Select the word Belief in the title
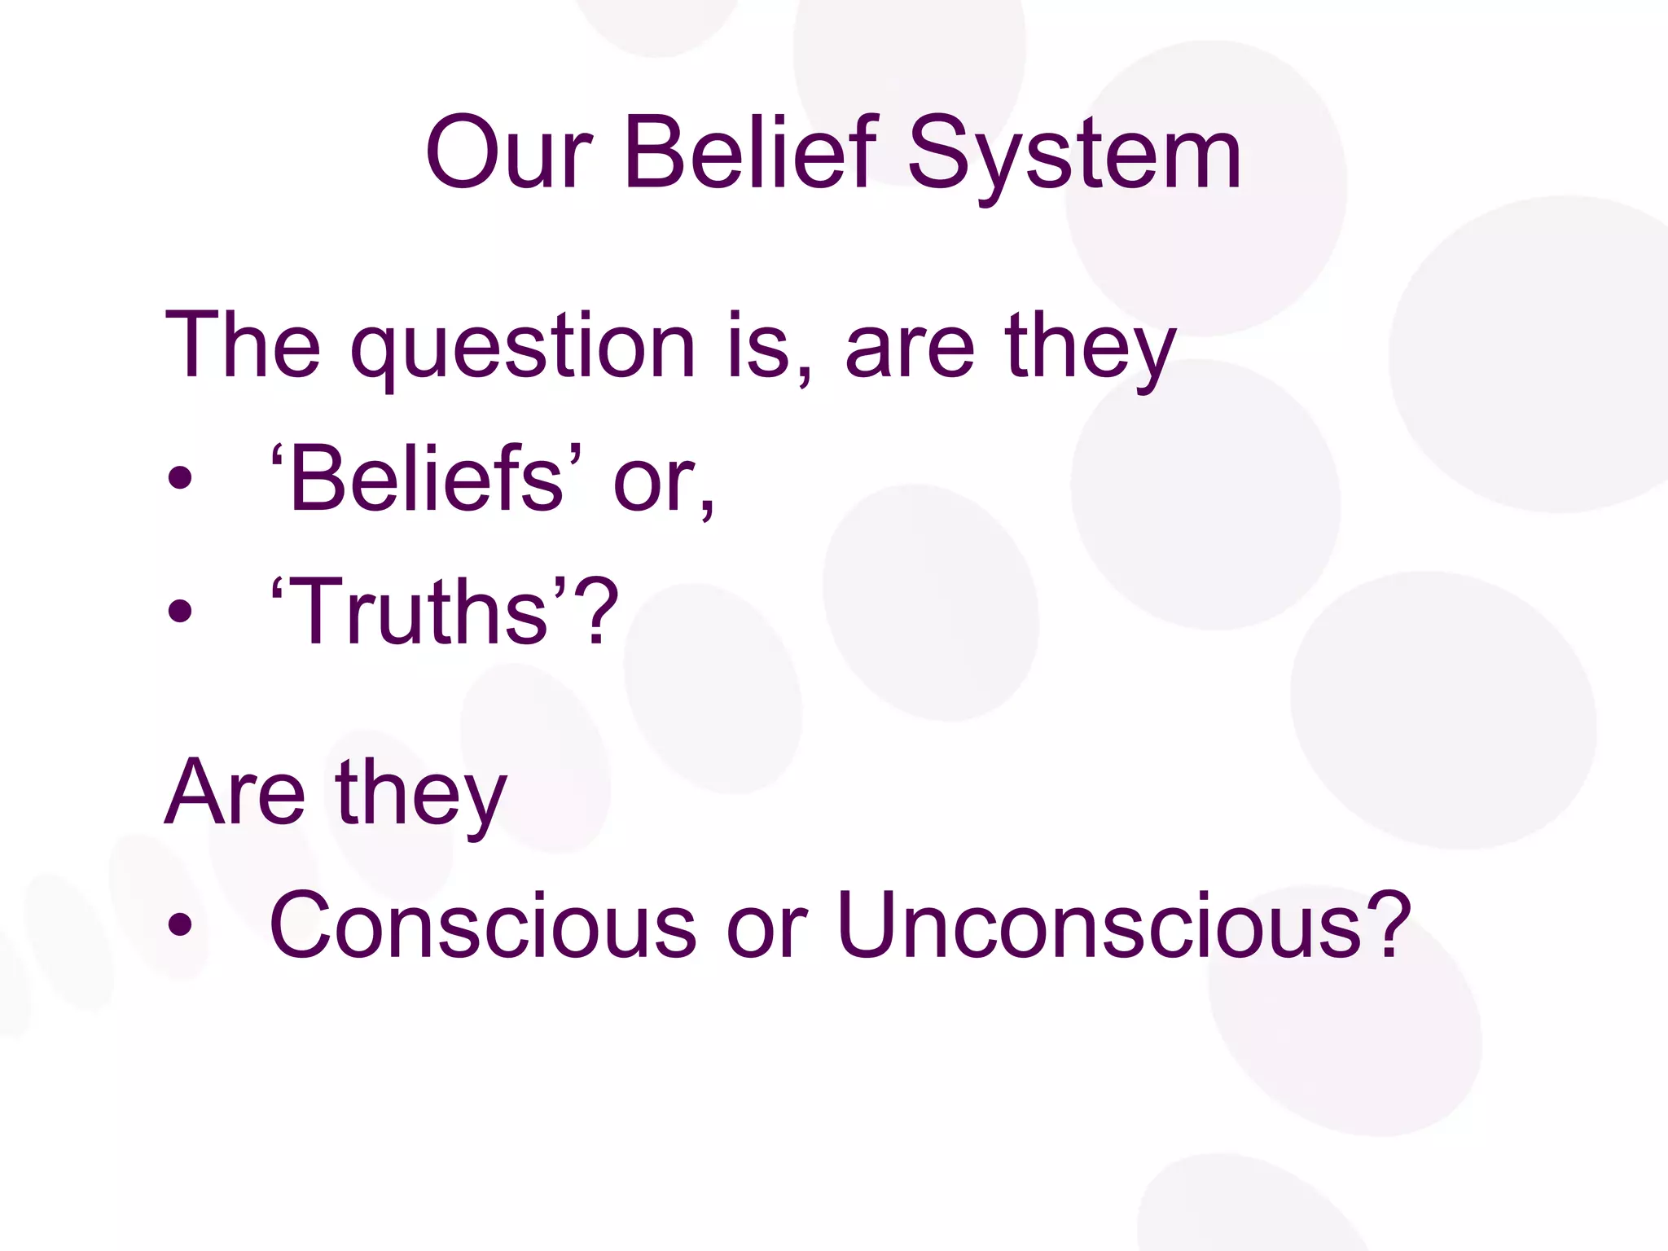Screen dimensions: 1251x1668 (x=752, y=153)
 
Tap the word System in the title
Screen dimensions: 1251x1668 (x=1074, y=155)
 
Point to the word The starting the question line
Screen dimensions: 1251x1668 (x=243, y=345)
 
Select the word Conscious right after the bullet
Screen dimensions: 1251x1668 (x=483, y=924)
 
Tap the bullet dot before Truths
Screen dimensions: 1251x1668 (x=180, y=612)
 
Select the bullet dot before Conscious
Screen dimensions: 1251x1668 (x=180, y=925)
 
